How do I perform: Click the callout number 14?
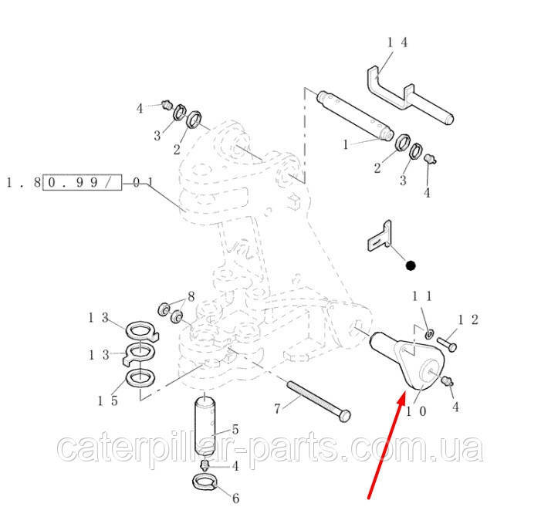click(x=397, y=42)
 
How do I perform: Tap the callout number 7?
click(x=277, y=409)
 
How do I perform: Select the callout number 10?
click(x=416, y=411)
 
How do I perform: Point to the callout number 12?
click(x=468, y=319)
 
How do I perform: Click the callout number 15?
click(x=108, y=400)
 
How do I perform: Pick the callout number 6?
click(x=235, y=498)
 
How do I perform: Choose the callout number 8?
click(x=191, y=296)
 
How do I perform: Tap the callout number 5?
click(x=235, y=429)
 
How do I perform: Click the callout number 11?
click(x=421, y=296)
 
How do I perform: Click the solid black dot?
click(x=411, y=265)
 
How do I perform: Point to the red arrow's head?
click(x=401, y=400)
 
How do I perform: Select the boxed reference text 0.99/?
click(x=82, y=182)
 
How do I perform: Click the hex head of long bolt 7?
click(x=345, y=416)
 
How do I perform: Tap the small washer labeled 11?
click(x=429, y=333)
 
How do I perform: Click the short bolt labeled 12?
click(x=447, y=344)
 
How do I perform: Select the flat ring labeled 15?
click(x=140, y=378)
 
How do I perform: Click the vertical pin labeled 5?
click(x=205, y=426)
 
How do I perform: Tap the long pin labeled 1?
click(x=354, y=115)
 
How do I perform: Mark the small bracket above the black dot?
click(x=379, y=236)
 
